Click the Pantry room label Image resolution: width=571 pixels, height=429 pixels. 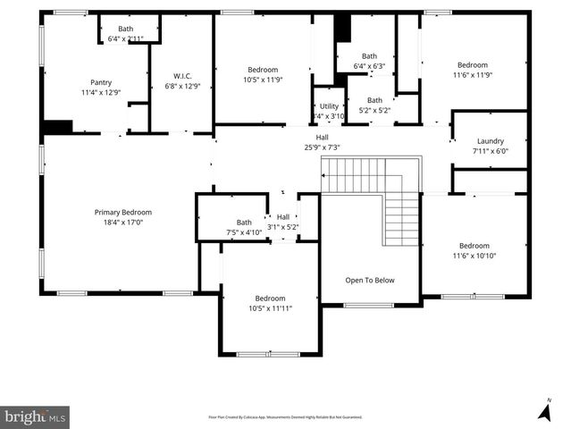point(101,82)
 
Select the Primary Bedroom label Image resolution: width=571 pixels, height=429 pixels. point(123,212)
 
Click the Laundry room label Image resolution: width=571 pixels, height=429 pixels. point(491,141)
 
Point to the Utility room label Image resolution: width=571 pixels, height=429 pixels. point(330,106)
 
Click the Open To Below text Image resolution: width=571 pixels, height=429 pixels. point(370,280)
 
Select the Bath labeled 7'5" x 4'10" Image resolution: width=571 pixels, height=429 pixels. point(244,223)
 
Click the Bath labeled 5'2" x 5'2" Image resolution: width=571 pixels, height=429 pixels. point(374,100)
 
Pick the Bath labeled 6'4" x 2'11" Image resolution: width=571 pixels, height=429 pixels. point(126,29)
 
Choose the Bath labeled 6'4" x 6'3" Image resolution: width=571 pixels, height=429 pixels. point(369,55)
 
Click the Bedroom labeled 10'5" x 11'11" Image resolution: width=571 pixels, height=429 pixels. point(270,299)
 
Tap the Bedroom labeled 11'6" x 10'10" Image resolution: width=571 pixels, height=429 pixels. point(474,246)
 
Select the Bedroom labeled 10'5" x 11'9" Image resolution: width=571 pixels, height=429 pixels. point(263,70)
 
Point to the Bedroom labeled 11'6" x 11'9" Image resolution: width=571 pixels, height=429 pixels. point(473,65)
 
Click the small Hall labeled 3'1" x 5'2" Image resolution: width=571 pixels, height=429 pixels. point(282,217)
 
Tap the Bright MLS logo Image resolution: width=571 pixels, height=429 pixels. point(35,416)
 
